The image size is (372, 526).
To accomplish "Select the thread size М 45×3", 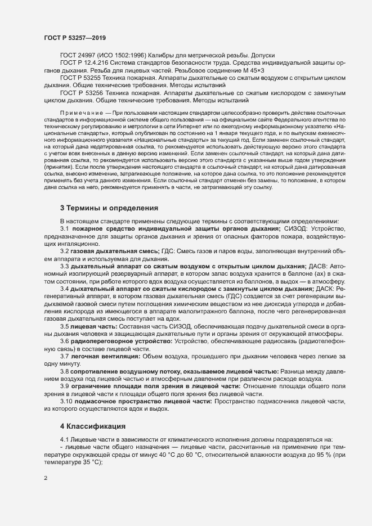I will click(x=323, y=71).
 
